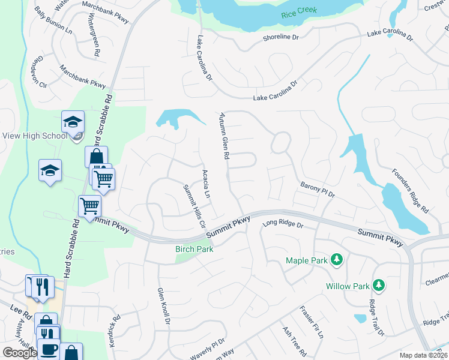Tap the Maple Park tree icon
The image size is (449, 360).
(x=337, y=259)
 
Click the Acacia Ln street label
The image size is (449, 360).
(x=206, y=184)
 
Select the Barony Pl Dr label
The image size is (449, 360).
(x=317, y=191)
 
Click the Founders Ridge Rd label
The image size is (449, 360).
(x=411, y=191)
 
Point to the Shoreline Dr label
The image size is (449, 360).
(x=280, y=37)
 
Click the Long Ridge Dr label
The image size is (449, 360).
(x=283, y=225)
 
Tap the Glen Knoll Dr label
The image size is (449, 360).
(x=164, y=306)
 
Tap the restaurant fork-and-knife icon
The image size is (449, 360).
(x=41, y=286)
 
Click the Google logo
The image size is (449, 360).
(x=19, y=353)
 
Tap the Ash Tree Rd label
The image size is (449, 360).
(x=294, y=343)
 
